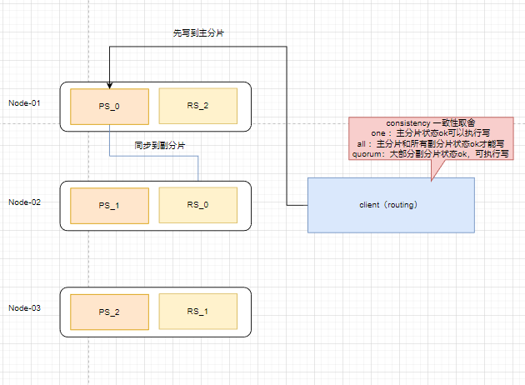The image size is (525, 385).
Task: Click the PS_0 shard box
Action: coord(109,105)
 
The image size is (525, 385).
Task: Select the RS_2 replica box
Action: coord(197,105)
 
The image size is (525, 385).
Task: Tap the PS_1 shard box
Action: coord(109,205)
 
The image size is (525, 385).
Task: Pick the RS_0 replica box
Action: coord(197,205)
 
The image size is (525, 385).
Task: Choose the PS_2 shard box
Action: coord(109,312)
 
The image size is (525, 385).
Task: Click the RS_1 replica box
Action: coord(197,312)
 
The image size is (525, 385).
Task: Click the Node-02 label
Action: coord(24,202)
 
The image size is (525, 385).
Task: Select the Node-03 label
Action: coord(24,308)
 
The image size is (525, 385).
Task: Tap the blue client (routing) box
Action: coord(391,204)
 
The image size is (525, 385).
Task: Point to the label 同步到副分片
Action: coord(160,145)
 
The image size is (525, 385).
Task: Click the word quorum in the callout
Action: coord(371,154)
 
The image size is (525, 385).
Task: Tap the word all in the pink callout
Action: coord(361,144)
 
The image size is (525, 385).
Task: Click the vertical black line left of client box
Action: coord(287,125)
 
